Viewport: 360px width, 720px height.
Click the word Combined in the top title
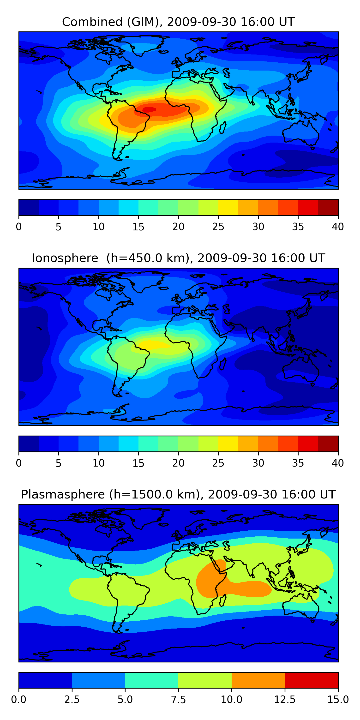[92, 22]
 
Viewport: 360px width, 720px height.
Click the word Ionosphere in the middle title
[65, 258]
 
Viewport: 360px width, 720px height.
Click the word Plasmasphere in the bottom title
[63, 494]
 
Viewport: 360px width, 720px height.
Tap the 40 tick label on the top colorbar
[338, 227]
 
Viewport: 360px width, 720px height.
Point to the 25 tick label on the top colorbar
[218, 227]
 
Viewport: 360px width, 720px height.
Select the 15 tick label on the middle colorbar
[138, 463]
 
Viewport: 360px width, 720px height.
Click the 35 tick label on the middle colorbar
[298, 463]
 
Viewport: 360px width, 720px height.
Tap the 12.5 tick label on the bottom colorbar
[285, 700]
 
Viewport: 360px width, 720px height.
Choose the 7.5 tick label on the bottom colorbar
[178, 700]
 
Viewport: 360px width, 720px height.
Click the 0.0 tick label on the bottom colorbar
[19, 700]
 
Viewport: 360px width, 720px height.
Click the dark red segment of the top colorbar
[328, 207]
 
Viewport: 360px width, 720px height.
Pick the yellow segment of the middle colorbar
[228, 444]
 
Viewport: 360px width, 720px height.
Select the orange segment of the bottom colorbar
[258, 680]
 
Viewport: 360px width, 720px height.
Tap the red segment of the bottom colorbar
[311, 680]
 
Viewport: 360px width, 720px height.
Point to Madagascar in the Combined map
[223, 127]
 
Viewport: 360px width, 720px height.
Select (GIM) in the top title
[145, 22]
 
